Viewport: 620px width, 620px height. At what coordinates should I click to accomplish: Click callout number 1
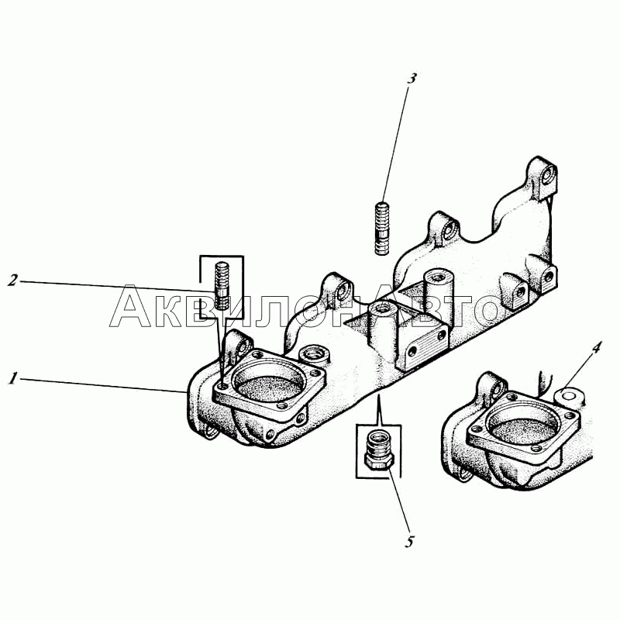tap(12, 378)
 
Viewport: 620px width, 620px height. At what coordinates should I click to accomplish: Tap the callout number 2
tap(12, 281)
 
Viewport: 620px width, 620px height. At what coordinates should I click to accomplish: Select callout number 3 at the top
tap(413, 78)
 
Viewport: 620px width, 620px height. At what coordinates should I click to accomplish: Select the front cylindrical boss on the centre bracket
tap(380, 312)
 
